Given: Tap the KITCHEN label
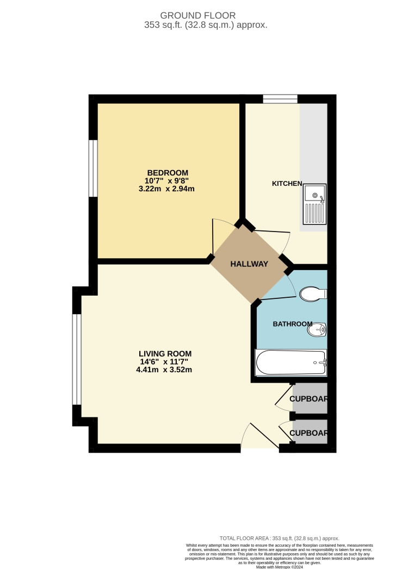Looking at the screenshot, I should [x=287, y=184].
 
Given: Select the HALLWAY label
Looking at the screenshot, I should [x=249, y=264].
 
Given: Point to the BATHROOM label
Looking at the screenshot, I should [x=293, y=324].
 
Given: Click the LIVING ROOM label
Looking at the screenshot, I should [x=165, y=354].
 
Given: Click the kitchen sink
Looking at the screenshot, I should [x=314, y=204].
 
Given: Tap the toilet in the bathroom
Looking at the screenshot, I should [x=312, y=293].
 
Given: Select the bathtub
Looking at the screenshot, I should [x=291, y=362].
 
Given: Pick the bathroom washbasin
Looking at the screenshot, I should [x=317, y=329].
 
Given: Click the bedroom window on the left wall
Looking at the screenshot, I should [x=93, y=168].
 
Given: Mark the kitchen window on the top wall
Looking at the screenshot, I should [x=280, y=98].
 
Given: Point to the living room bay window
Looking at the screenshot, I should [x=77, y=359].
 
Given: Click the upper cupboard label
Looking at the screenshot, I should [x=309, y=399].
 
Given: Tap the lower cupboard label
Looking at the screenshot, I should [x=309, y=433].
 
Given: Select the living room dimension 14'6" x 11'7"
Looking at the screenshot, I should [x=165, y=362].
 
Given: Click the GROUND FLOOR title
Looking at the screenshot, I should [x=206, y=15].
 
